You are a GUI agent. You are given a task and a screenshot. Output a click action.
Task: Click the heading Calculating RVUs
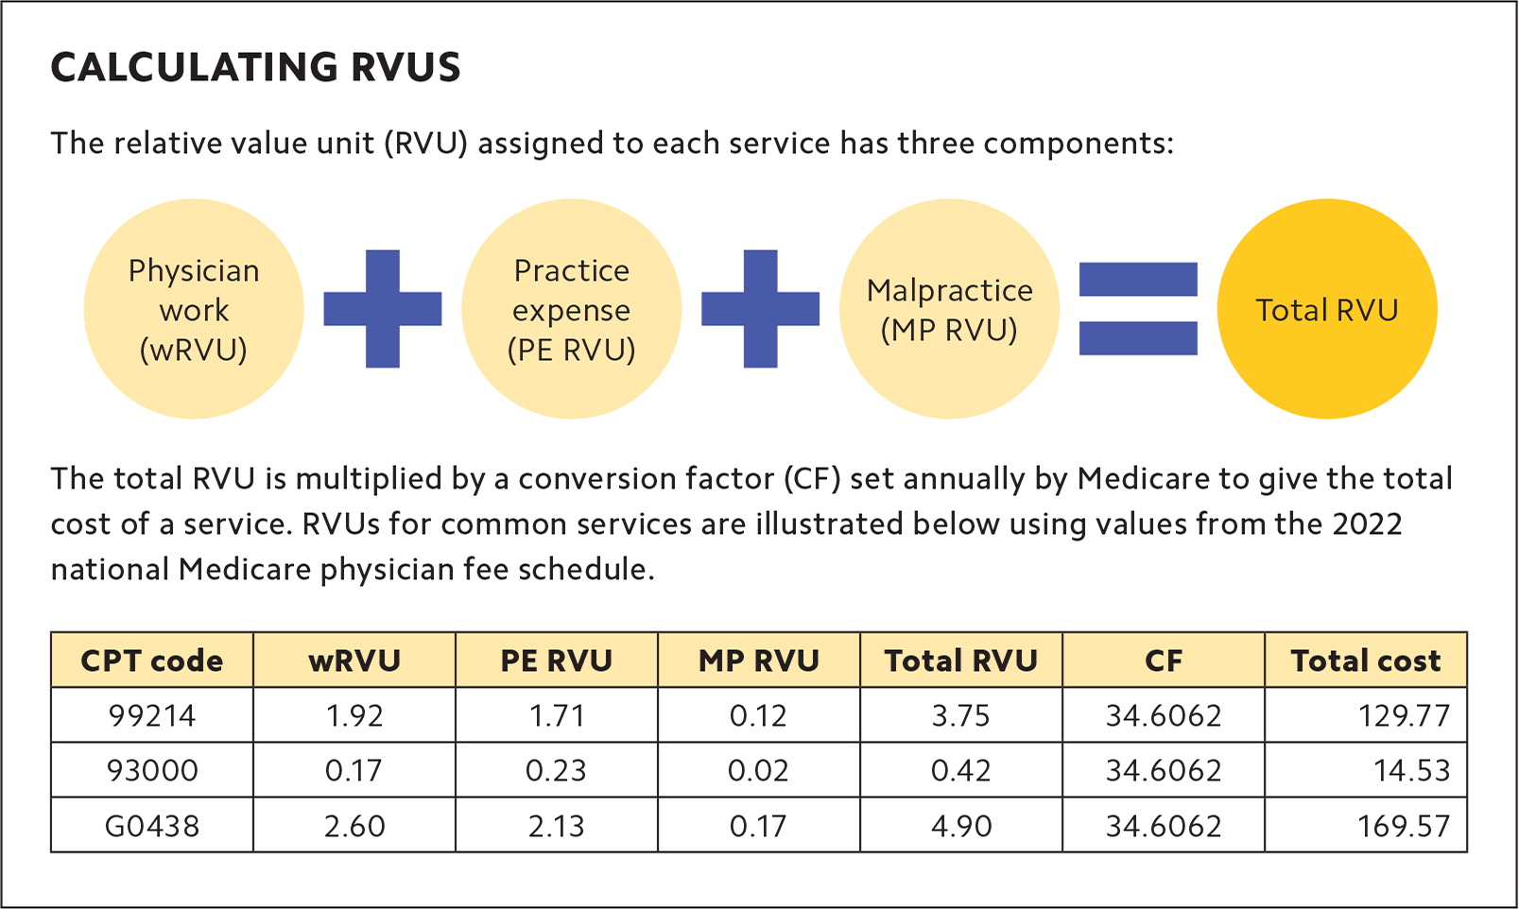[x=255, y=68]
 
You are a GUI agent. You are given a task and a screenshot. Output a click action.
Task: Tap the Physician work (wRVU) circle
[x=194, y=309]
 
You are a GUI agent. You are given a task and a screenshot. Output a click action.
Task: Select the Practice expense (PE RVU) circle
[x=571, y=309]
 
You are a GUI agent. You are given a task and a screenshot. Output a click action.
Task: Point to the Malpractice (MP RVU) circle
[x=949, y=309]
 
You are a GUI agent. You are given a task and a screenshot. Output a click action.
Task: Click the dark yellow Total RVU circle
[x=1326, y=309]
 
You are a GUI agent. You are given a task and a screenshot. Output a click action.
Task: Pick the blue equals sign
[x=1138, y=309]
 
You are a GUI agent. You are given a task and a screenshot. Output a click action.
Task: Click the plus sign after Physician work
[x=382, y=309]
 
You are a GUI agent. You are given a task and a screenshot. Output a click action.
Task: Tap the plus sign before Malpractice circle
[x=760, y=309]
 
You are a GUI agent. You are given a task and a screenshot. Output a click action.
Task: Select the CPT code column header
[x=152, y=660]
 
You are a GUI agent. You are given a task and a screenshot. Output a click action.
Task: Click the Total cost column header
[x=1366, y=660]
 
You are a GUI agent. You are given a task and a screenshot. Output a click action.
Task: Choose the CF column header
[x=1164, y=660]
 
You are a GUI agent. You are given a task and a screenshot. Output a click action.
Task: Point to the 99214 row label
[x=152, y=715]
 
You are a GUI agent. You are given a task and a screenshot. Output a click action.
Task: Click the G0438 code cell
[x=152, y=826]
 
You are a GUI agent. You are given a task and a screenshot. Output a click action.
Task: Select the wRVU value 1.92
[x=354, y=715]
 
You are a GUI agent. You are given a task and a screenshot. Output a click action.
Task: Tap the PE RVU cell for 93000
[x=556, y=770]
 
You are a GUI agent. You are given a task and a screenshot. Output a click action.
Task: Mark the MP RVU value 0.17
[x=758, y=826]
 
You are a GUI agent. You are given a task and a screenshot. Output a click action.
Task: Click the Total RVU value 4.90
[x=961, y=826]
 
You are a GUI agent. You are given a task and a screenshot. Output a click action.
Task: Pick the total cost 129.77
[x=1404, y=715]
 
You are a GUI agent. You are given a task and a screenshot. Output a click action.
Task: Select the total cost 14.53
[x=1411, y=770]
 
